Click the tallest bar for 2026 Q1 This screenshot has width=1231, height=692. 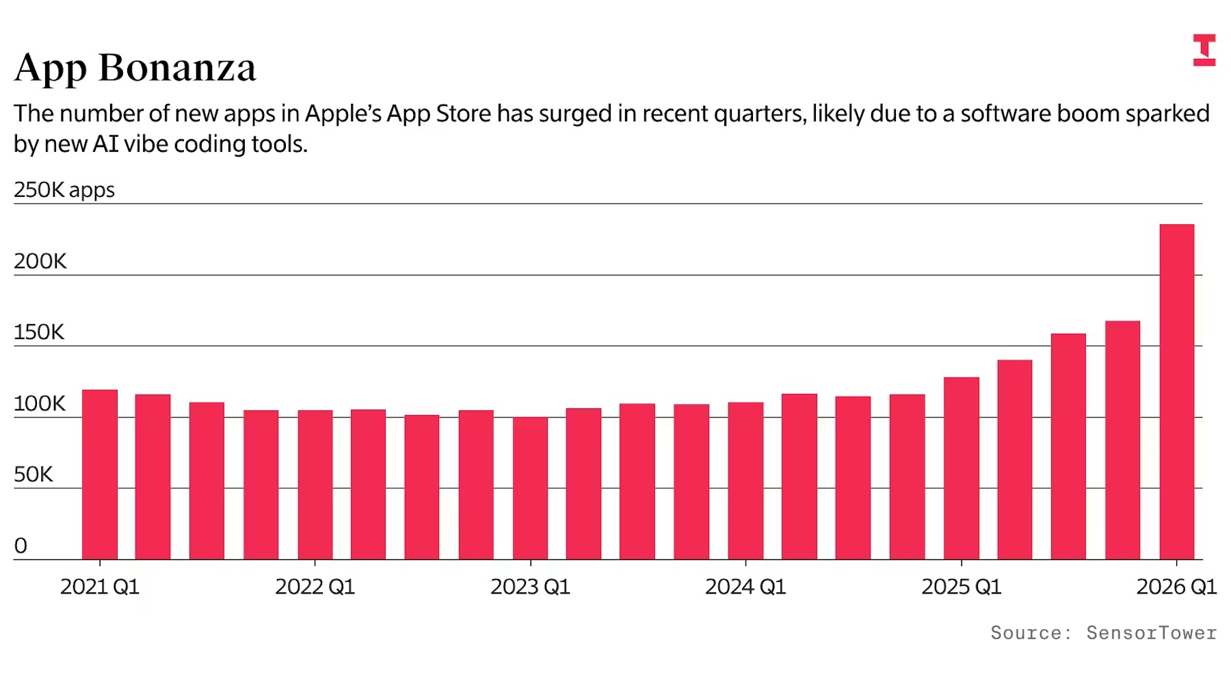click(x=1176, y=392)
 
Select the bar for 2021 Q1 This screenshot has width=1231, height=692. click(x=100, y=475)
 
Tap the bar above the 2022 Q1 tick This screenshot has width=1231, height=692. click(x=315, y=485)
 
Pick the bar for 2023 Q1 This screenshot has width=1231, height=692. click(x=530, y=488)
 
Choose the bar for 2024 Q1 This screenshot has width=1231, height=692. click(x=745, y=481)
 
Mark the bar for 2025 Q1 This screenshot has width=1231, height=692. click(x=962, y=468)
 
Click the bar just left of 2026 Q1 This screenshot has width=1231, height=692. click(x=1122, y=440)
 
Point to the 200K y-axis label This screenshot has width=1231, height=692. click(x=40, y=261)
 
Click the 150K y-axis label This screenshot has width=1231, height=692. click(x=39, y=332)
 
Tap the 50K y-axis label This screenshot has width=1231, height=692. click(x=34, y=475)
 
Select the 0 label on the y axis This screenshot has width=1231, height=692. click(x=21, y=546)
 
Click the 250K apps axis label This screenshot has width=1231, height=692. click(x=64, y=190)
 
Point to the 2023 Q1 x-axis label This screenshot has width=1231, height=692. click(x=530, y=587)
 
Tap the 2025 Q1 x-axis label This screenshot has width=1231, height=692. click(x=962, y=587)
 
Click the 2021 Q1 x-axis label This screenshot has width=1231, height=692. click(x=100, y=587)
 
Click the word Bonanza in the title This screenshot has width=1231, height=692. click(x=177, y=68)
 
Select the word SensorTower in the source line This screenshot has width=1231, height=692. click(x=1152, y=633)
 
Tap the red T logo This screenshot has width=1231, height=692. click(x=1204, y=50)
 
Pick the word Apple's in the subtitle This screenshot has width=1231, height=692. click(x=343, y=114)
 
